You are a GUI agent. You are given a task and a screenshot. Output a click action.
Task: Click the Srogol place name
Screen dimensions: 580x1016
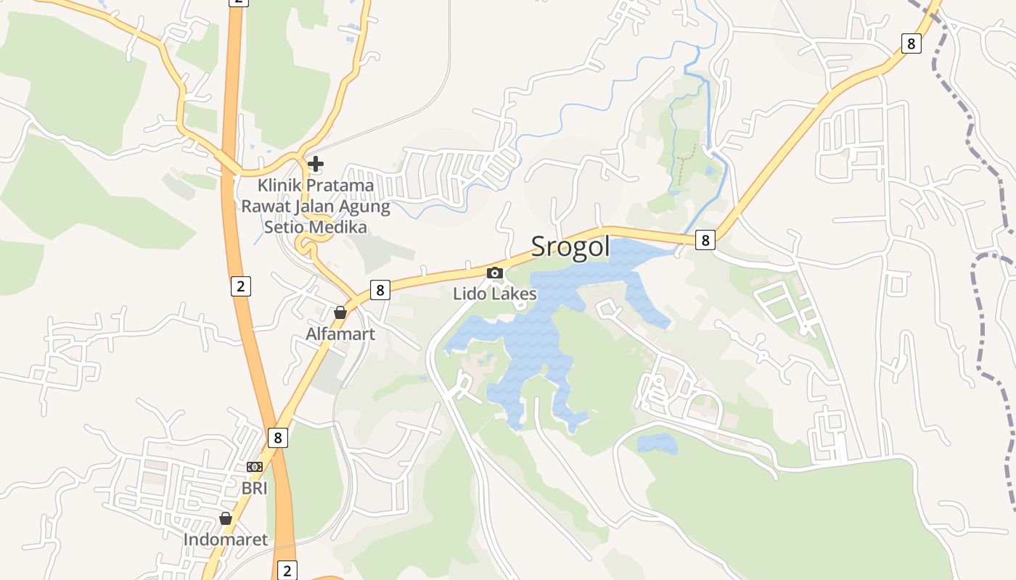point(570,247)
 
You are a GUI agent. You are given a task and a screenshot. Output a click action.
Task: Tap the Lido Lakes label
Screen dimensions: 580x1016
point(495,294)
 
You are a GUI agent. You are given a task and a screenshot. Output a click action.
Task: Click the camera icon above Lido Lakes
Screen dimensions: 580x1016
point(495,273)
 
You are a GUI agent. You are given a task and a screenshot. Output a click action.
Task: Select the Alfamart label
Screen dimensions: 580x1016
point(340,334)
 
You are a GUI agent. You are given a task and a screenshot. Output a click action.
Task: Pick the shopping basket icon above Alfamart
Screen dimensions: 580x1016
point(340,312)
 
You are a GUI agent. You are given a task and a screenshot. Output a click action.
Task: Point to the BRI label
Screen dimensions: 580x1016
point(255,488)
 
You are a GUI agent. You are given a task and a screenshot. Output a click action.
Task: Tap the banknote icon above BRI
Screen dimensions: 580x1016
point(255,467)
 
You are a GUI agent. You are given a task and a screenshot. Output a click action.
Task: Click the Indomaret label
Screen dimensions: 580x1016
point(226,539)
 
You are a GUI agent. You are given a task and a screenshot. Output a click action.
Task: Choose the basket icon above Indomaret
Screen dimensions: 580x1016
point(226,518)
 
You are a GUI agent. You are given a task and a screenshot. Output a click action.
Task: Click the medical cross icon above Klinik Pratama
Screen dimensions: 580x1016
point(316,165)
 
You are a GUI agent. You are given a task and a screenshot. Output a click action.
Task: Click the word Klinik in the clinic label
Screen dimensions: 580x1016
point(280,186)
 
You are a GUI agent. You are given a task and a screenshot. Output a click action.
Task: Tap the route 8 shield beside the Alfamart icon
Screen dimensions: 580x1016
point(380,291)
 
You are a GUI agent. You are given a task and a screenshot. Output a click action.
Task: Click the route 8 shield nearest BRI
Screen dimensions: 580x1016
point(277,438)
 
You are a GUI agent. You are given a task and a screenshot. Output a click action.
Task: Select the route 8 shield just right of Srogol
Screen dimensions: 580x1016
point(705,239)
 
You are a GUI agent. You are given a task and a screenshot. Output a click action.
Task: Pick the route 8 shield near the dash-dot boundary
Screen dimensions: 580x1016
point(911,43)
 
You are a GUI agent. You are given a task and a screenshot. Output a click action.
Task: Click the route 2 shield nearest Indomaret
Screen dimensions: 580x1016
point(287,571)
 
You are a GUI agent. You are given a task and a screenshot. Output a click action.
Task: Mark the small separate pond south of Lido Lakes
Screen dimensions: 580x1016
point(657,443)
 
